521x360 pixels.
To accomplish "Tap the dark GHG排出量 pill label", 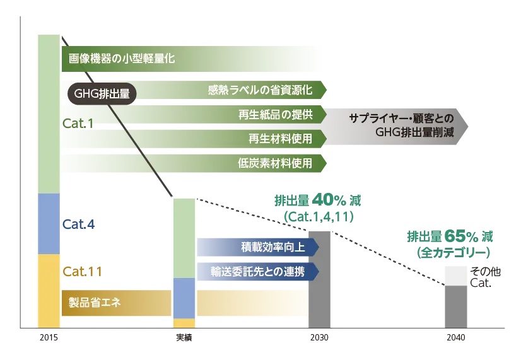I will pyautogui.click(x=102, y=94).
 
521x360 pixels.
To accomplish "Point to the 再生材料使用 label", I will pyautogui.click(x=280, y=138).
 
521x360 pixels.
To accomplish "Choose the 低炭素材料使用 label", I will pyautogui.click(x=275, y=163).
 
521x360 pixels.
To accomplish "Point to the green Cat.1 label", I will pyautogui.click(x=78, y=124).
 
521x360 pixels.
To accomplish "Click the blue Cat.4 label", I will pyautogui.click(x=78, y=224).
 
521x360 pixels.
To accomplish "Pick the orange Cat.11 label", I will pyautogui.click(x=81, y=272).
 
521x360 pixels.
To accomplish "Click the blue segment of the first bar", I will pyautogui.click(x=49, y=224).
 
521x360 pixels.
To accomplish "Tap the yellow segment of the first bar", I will pyautogui.click(x=49, y=290).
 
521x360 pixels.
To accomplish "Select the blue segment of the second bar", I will pyautogui.click(x=184, y=298).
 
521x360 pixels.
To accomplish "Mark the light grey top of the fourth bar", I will pyautogui.click(x=456, y=275).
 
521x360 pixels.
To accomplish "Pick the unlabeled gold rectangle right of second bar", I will pyautogui.click(x=252, y=303).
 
